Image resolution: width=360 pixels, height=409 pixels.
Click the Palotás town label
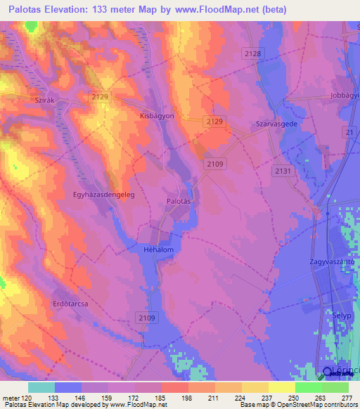click(x=179, y=201)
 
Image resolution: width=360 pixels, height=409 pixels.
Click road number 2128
click(x=254, y=54)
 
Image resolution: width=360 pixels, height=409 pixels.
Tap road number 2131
click(x=283, y=171)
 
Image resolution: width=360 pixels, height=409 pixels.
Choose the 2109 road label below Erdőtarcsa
click(x=146, y=318)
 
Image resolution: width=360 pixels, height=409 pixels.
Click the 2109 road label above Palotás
click(x=215, y=164)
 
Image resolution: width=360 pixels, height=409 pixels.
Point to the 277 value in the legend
click(x=345, y=397)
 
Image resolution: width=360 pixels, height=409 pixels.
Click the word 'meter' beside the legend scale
click(x=11, y=397)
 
